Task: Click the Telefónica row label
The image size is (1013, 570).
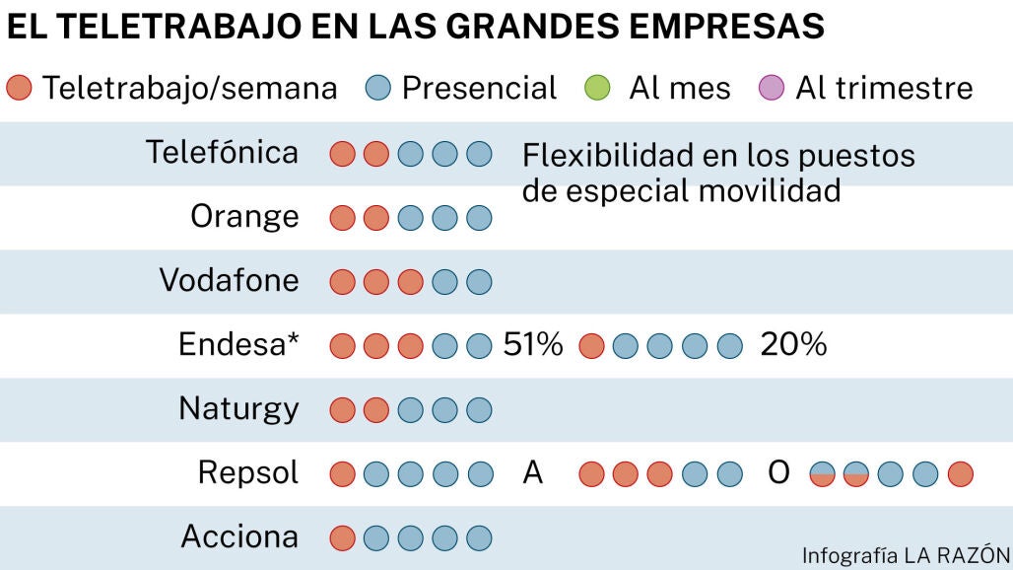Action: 222,153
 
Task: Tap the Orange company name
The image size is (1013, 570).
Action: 244,217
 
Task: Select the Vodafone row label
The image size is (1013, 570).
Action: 229,281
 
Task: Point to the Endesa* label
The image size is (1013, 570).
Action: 238,345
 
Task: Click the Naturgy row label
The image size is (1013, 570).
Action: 238,408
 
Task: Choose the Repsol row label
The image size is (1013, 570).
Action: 248,473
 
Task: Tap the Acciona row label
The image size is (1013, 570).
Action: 239,537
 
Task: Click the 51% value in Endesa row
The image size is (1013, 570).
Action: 533,345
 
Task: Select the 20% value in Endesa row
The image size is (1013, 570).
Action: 793,345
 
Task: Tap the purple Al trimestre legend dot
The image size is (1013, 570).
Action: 773,89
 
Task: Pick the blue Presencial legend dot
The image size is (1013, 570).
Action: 379,89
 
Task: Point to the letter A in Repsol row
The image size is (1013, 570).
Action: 533,473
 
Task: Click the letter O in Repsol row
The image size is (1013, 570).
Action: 778,473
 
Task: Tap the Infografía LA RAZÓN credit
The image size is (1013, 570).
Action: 907,554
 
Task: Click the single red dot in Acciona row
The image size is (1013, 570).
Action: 342,538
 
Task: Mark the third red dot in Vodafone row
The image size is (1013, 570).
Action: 410,282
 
